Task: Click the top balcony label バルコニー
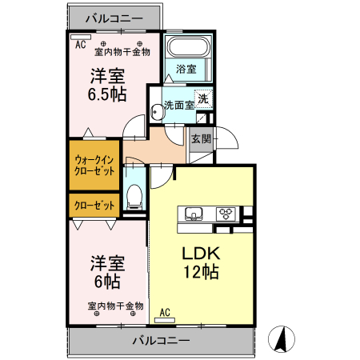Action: [x=113, y=17]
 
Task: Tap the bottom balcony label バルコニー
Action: [x=161, y=340]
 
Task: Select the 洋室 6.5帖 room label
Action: [x=105, y=85]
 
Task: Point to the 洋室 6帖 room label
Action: [x=106, y=272]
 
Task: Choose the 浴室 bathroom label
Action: [x=187, y=69]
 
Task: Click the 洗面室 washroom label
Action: [x=179, y=105]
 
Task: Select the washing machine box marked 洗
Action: [x=205, y=100]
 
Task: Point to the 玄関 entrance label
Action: [x=201, y=138]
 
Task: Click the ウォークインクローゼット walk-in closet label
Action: [x=94, y=166]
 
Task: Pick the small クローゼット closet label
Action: [x=94, y=206]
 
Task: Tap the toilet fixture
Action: [x=135, y=195]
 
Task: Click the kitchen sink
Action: [x=194, y=214]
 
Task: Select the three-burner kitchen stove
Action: [x=226, y=214]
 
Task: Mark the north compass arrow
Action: [x=282, y=338]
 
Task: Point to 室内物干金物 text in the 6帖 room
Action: [x=115, y=306]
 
